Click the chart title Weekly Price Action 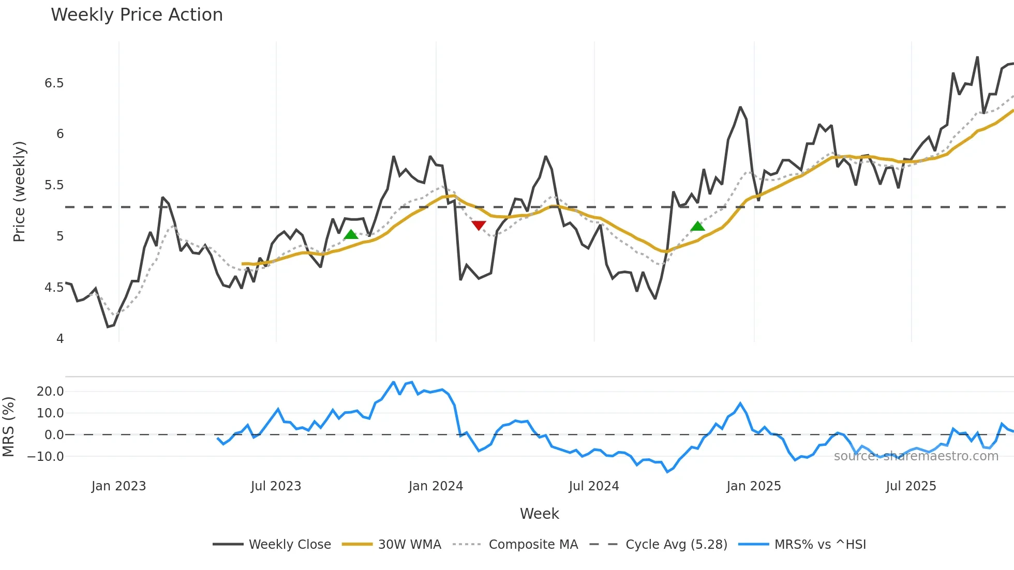(x=137, y=15)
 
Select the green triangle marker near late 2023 (x=351, y=235)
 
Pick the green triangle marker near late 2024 (x=697, y=226)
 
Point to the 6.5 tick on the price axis (x=54, y=83)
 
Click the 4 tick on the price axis (x=60, y=339)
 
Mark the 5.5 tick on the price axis (x=54, y=185)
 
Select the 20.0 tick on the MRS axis (x=50, y=392)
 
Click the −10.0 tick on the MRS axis (x=46, y=457)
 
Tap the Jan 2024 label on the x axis (x=436, y=486)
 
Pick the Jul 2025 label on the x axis (x=911, y=486)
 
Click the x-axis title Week (x=539, y=514)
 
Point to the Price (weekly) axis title (x=19, y=191)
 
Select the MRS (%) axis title (x=8, y=427)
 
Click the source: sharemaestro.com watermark (x=916, y=456)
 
